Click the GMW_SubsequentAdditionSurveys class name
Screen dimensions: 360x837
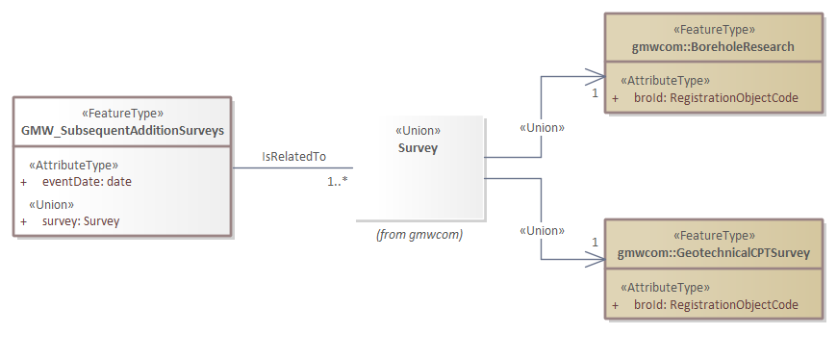tap(122, 130)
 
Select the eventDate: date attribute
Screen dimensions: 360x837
tap(87, 182)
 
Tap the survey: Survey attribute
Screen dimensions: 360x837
tap(81, 221)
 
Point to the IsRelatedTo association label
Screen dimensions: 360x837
tap(293, 157)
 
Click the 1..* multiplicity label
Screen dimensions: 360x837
tap(337, 180)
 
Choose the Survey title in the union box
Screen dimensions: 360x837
tap(418, 147)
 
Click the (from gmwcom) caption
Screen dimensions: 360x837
tap(418, 234)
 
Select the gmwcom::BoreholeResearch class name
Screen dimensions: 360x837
tap(713, 46)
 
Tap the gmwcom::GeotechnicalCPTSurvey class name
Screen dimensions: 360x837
tap(713, 253)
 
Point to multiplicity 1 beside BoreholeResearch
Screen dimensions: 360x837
tap(595, 93)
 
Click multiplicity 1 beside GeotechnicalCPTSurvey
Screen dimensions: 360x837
tap(595, 242)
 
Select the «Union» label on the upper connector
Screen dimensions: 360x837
tap(542, 127)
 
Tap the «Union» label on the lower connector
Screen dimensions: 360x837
tap(542, 230)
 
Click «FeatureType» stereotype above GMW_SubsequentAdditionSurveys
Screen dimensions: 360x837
tap(122, 113)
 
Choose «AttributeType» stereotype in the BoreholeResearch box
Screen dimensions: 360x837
tap(666, 81)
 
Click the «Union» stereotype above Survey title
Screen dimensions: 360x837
tap(418, 131)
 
